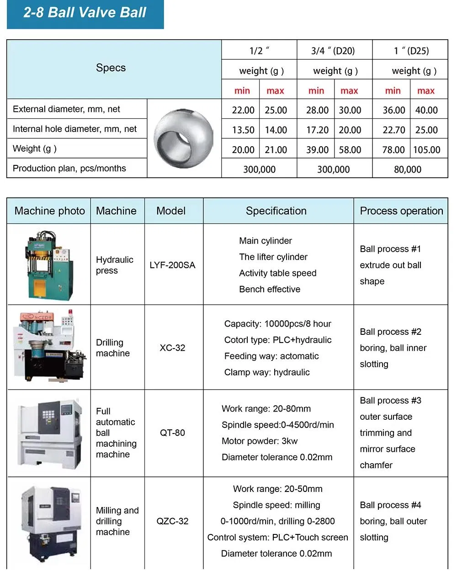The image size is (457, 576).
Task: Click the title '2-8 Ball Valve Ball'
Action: coord(85,12)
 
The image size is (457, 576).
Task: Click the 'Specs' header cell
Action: coord(111,68)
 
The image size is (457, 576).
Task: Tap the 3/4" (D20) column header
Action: coord(333,51)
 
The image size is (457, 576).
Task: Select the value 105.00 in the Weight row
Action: coord(426,150)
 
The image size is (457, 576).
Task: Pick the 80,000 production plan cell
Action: coord(408,169)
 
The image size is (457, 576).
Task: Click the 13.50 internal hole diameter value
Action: coord(243,130)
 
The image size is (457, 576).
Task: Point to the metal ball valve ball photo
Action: coord(183,138)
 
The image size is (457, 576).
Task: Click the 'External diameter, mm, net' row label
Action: coord(67,109)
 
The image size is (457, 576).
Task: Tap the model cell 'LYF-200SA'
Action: coord(172,265)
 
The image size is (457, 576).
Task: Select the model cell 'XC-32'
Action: coord(172,348)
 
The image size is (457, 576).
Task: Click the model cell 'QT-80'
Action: coord(172,433)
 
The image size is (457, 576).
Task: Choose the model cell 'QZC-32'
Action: coord(172,521)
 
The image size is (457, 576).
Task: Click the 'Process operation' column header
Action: coord(401,211)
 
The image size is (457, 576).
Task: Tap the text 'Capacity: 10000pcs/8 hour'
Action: coord(277,324)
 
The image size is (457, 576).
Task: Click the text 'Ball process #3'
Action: coord(390,401)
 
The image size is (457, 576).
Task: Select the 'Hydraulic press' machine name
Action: coord(114,265)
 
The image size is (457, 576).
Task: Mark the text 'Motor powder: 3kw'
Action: coord(259,441)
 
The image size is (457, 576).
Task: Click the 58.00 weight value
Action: coord(350,150)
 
